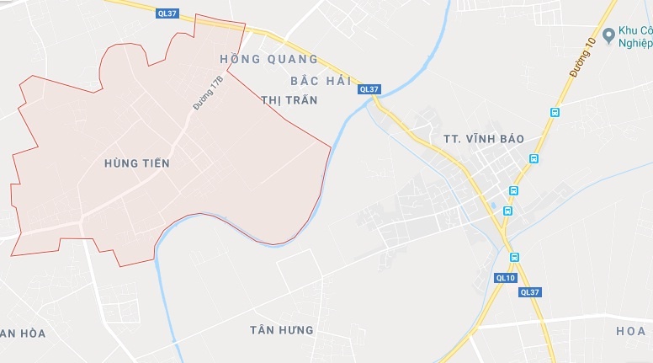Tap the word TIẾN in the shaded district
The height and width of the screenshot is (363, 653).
[x=157, y=163]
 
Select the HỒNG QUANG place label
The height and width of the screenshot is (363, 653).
[x=268, y=60]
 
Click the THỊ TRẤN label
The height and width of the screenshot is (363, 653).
[x=289, y=99]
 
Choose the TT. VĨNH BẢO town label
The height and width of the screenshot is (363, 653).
[x=483, y=138]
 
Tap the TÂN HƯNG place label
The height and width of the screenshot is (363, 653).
[x=282, y=329]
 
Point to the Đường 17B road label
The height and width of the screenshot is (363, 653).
[x=207, y=93]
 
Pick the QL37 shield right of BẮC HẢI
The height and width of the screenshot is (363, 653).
[x=369, y=89]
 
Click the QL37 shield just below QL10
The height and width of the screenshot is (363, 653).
[x=530, y=292]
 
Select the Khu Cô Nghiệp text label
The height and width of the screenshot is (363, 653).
[x=635, y=38]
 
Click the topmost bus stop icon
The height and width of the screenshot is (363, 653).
[x=555, y=112]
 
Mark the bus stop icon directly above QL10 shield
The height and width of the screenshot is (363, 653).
[x=514, y=257]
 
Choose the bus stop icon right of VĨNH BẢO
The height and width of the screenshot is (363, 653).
[x=534, y=157]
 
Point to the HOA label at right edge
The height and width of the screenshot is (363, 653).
[x=630, y=331]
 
